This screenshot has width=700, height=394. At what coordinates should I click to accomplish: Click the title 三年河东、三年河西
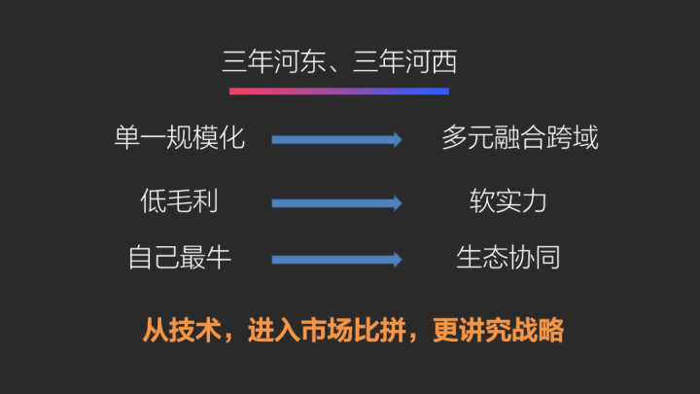(x=339, y=63)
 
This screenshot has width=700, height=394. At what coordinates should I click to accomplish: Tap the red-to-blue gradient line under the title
(x=339, y=91)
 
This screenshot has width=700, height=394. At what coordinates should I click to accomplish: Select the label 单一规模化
(x=179, y=138)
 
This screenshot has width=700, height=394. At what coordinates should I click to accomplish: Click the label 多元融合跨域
(x=520, y=138)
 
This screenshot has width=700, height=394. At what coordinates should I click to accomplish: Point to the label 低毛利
(x=179, y=201)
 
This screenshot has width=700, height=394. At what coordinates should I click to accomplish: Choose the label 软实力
(x=508, y=201)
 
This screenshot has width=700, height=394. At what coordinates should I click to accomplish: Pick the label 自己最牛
(x=179, y=259)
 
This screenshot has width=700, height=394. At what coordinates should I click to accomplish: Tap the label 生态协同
(x=508, y=259)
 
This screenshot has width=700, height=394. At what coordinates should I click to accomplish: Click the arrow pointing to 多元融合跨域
(x=336, y=140)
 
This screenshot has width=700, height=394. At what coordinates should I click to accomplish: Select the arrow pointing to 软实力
(x=336, y=203)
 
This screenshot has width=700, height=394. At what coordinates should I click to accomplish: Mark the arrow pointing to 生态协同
(x=336, y=260)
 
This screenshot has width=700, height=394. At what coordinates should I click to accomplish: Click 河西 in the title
(x=433, y=63)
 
